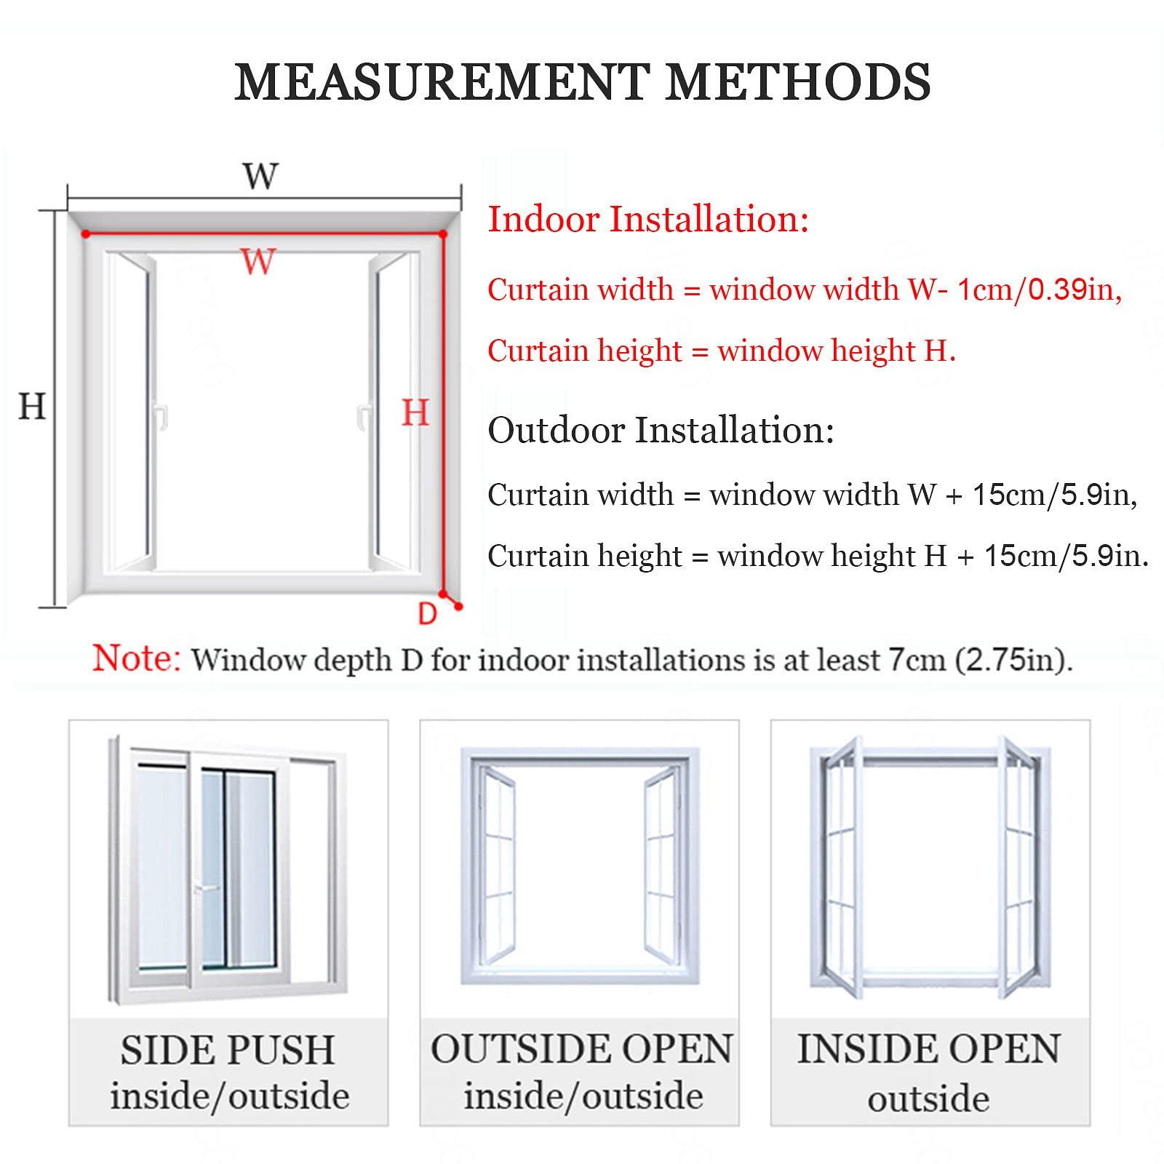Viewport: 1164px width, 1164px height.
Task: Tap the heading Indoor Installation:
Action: pyautogui.click(x=648, y=219)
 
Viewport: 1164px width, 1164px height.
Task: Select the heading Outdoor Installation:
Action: pyautogui.click(x=661, y=429)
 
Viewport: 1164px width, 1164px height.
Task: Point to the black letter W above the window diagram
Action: pyautogui.click(x=260, y=176)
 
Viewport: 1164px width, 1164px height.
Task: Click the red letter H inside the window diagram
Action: pyautogui.click(x=415, y=413)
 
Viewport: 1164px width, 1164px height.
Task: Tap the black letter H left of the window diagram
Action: pyautogui.click(x=32, y=406)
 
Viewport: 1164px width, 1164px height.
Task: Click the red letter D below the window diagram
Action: pyautogui.click(x=427, y=614)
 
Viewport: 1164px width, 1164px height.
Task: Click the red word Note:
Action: pyautogui.click(x=136, y=658)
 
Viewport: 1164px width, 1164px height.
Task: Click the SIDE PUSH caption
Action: pyautogui.click(x=228, y=1050)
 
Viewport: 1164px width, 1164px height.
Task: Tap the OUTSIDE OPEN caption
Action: pyautogui.click(x=581, y=1049)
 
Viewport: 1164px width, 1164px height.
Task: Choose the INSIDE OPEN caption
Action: pyautogui.click(x=929, y=1049)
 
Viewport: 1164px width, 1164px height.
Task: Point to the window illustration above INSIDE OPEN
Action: pyautogui.click(x=930, y=866)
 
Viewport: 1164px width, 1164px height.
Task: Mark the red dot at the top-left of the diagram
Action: pyautogui.click(x=86, y=234)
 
